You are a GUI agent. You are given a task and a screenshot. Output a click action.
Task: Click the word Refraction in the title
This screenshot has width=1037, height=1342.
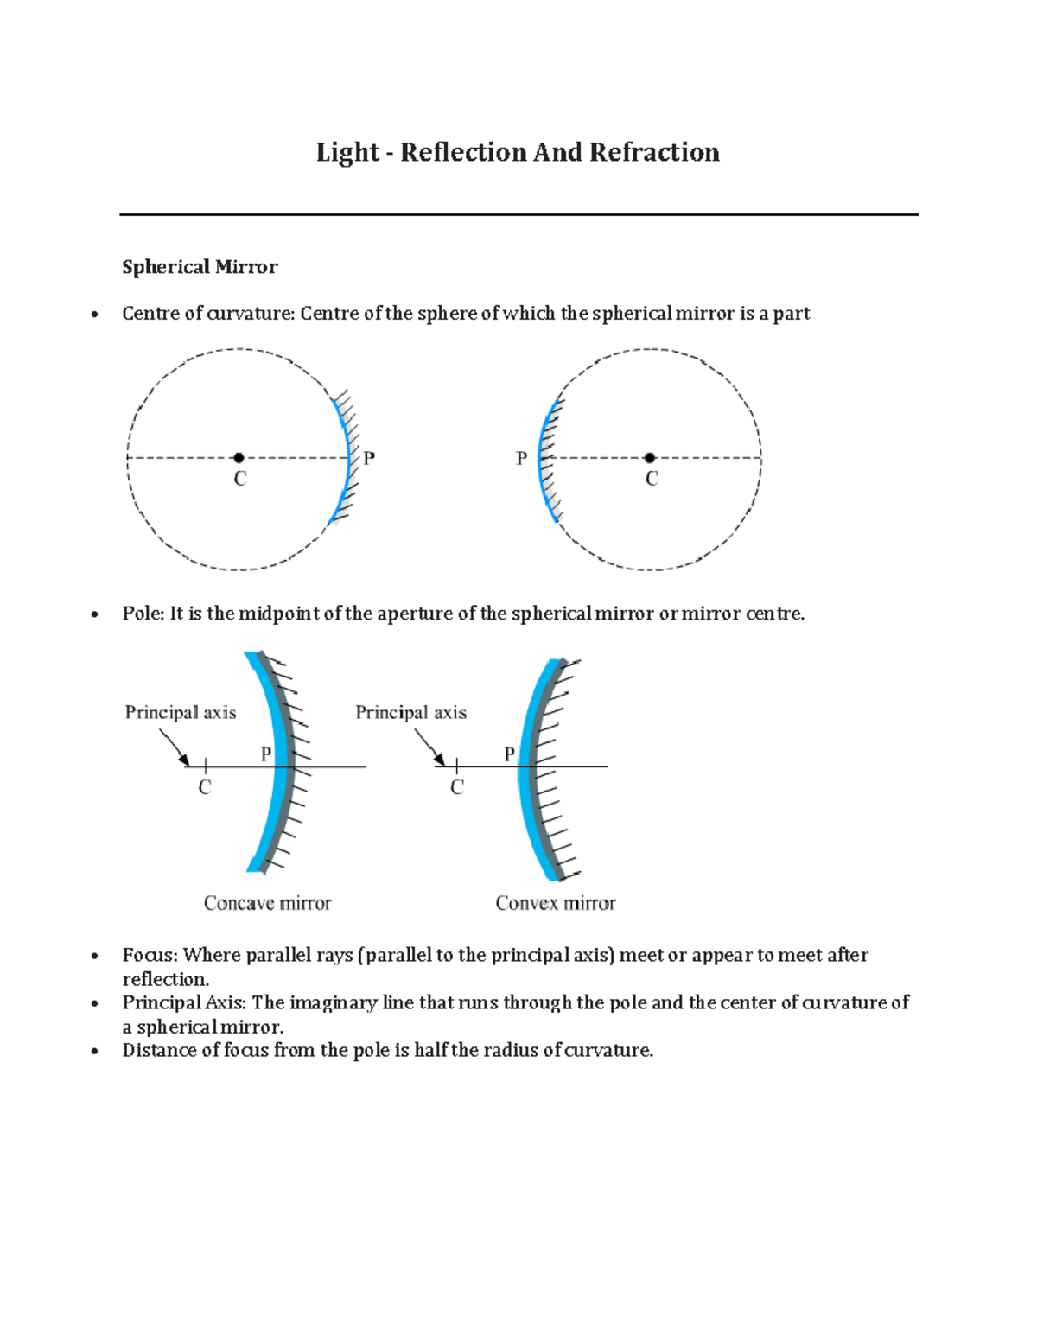click(x=654, y=153)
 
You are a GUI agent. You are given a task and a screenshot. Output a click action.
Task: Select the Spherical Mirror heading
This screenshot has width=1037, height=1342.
click(x=200, y=267)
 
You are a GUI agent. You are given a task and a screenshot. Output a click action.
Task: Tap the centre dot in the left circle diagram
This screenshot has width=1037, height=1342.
click(x=239, y=458)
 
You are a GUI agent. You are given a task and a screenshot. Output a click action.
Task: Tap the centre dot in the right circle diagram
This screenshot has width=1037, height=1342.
click(x=650, y=458)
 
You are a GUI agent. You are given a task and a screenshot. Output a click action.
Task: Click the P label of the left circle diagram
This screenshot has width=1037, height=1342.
click(x=369, y=459)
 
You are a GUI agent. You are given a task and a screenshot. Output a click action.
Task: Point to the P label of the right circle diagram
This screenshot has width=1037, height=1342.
click(x=521, y=459)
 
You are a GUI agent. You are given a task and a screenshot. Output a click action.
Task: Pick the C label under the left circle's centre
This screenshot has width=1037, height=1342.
click(x=240, y=479)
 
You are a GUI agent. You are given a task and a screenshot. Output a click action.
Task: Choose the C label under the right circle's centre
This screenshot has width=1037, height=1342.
click(x=652, y=479)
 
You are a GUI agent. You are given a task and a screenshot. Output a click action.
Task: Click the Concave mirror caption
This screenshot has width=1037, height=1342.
click(x=267, y=903)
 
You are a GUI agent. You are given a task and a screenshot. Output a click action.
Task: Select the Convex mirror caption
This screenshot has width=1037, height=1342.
click(x=555, y=903)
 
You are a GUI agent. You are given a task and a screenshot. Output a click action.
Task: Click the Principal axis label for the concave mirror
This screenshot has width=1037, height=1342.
click(x=181, y=712)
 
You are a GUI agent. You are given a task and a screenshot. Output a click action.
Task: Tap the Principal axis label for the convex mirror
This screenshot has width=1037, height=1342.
click(x=410, y=712)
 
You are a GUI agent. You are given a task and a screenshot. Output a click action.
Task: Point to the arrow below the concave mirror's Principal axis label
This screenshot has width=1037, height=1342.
click(x=174, y=747)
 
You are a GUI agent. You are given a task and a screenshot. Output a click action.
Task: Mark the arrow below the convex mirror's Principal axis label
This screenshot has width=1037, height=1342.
click(x=429, y=747)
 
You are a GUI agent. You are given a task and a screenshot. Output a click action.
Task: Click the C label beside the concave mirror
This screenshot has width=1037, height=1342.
click(x=205, y=787)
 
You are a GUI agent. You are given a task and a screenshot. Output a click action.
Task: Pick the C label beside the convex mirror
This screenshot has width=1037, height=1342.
click(x=457, y=787)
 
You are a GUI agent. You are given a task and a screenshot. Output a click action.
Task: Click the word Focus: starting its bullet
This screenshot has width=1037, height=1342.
click(x=150, y=955)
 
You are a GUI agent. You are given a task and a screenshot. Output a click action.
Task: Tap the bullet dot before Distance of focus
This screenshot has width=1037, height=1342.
click(x=94, y=1052)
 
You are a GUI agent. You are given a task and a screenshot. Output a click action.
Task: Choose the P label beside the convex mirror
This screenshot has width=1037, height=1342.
click(x=510, y=754)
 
